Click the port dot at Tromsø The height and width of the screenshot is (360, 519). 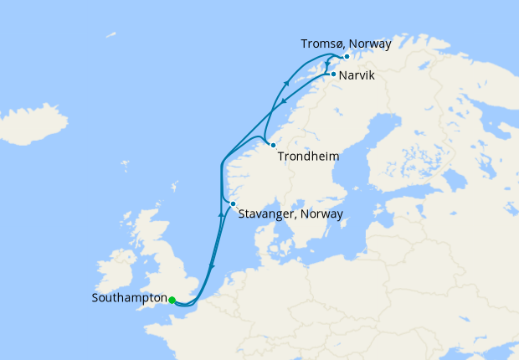pos(347,56)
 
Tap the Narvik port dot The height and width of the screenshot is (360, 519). pos(333,75)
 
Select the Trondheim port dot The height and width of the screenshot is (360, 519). pos(273,146)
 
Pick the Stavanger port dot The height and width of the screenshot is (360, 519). pos(233,203)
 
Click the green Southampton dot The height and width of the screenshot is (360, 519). pos(172,300)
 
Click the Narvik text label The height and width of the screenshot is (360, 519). pos(357,75)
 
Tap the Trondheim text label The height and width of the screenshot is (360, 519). pos(309,155)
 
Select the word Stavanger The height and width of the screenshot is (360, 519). pos(269,213)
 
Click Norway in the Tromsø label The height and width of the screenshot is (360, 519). pos(369,43)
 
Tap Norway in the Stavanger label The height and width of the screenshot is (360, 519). pos(322,213)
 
